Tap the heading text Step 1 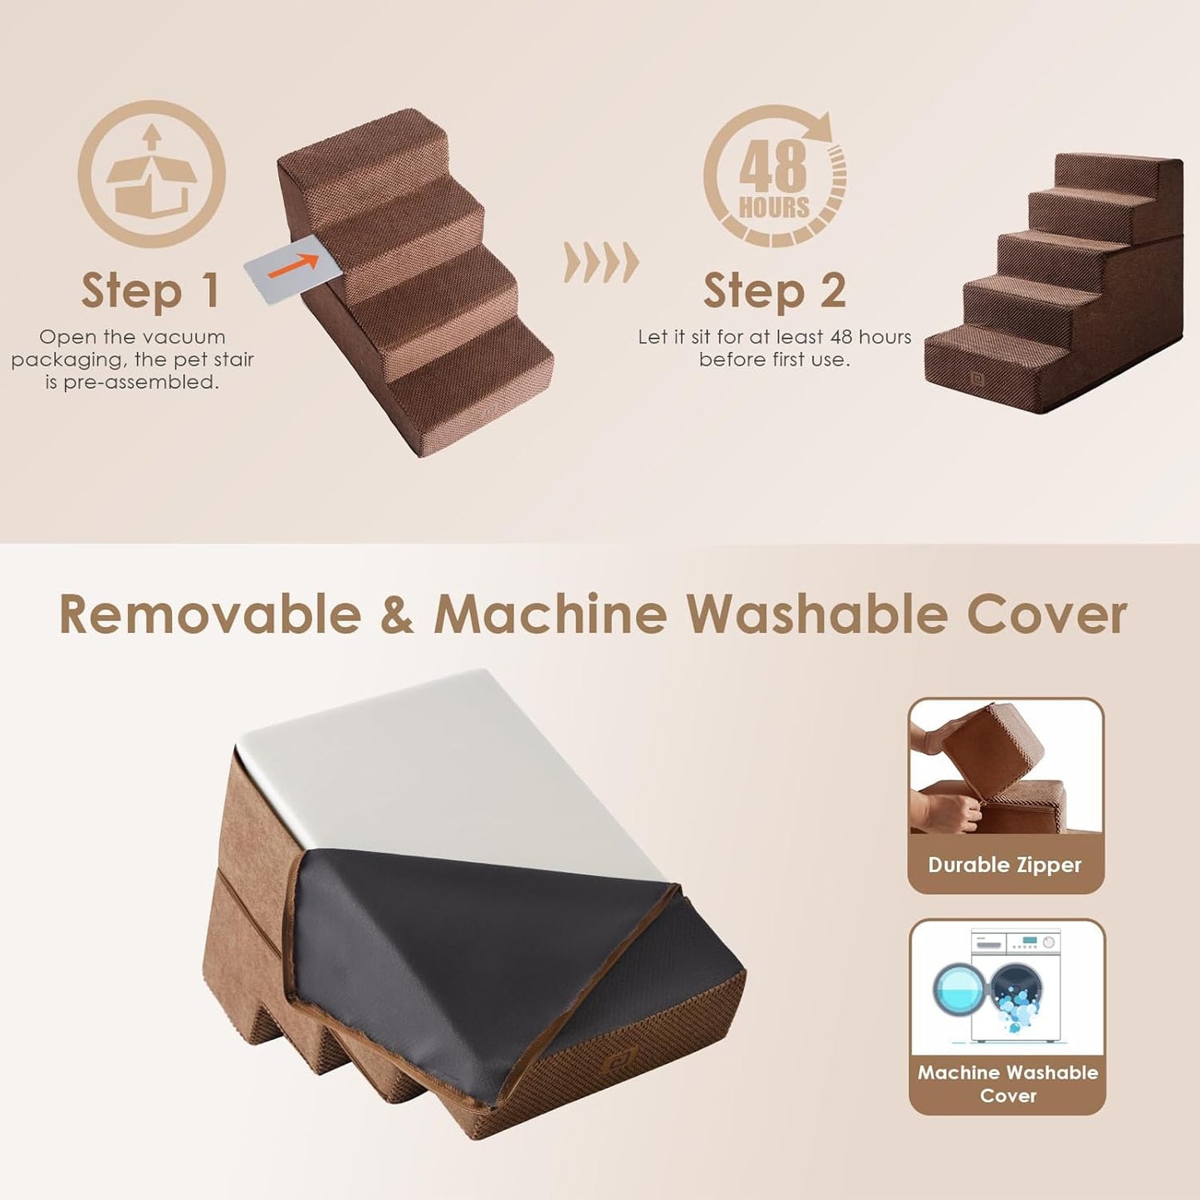coord(150,291)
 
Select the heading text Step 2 coord(774,291)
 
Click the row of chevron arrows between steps coord(601,263)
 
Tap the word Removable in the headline coord(210,615)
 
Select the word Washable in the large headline coord(816,615)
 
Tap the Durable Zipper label coord(1005,865)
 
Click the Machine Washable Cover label coord(1007,1084)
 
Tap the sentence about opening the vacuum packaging coord(133,360)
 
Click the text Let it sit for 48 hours coord(774,348)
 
